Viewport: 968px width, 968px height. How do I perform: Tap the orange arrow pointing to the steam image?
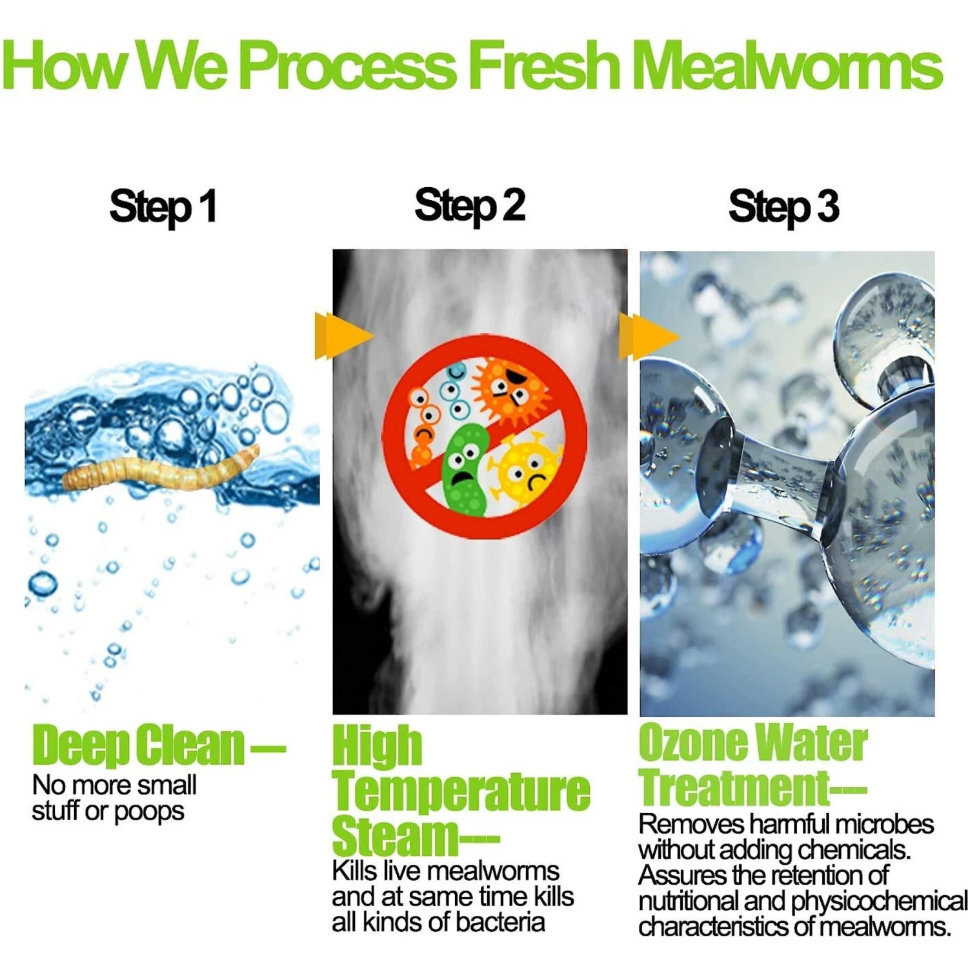coord(344,336)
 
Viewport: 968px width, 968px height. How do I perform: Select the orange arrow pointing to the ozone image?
coord(649,336)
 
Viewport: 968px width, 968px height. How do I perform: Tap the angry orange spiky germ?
coord(510,387)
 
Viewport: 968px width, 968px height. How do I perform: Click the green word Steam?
coord(394,836)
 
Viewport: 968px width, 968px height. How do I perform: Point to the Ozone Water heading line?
coord(752,743)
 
